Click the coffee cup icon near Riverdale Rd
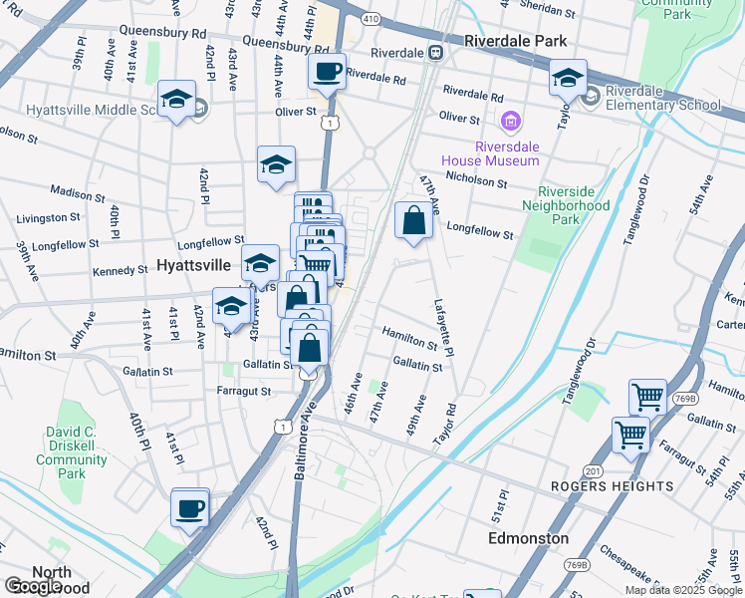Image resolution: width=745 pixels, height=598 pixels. click(x=327, y=72)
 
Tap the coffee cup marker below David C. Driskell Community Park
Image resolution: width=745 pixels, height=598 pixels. click(x=189, y=509)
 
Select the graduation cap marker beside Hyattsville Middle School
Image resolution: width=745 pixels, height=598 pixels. click(x=177, y=100)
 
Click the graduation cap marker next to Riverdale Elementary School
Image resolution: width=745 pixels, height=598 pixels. click(x=568, y=78)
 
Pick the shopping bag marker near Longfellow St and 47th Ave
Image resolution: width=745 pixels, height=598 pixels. click(x=413, y=221)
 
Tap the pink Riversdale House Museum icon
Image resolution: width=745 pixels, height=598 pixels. click(x=511, y=122)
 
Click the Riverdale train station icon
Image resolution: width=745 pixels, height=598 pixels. click(x=435, y=52)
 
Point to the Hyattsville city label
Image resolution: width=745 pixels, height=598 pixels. click(x=195, y=266)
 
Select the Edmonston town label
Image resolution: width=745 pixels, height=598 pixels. click(x=529, y=538)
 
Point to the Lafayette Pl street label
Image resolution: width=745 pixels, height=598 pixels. click(x=443, y=329)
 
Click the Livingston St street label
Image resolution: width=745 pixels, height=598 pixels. click(x=49, y=217)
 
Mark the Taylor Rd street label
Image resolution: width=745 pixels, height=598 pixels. click(x=444, y=423)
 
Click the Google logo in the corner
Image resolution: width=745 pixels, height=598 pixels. click(x=33, y=587)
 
